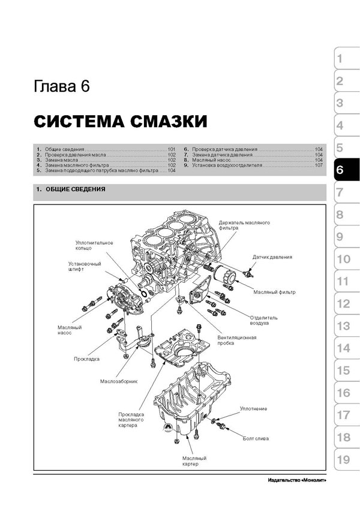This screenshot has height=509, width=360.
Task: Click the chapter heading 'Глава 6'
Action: click(x=61, y=87)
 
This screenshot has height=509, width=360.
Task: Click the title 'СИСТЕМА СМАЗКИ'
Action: click(x=121, y=122)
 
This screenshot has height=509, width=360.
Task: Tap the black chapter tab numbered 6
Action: click(x=346, y=170)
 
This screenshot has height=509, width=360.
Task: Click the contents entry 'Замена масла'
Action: click(x=61, y=160)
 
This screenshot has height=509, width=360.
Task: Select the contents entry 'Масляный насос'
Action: click(x=211, y=160)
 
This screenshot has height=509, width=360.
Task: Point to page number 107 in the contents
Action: click(x=319, y=165)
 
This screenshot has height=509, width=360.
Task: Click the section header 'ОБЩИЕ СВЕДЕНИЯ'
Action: click(x=76, y=189)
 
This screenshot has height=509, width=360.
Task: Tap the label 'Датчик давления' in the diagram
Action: click(x=272, y=257)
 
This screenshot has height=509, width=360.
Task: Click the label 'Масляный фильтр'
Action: click(x=275, y=292)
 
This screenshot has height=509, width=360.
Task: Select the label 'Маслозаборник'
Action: click(x=119, y=381)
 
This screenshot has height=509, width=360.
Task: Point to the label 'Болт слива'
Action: click(x=256, y=439)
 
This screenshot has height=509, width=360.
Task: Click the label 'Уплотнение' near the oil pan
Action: click(x=253, y=409)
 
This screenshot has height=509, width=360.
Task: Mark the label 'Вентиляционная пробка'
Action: click(x=237, y=340)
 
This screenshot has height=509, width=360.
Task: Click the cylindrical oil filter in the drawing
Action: click(x=225, y=275)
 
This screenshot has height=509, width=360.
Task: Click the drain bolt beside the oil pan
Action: click(x=221, y=425)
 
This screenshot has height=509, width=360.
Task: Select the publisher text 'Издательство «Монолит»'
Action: click(x=297, y=480)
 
